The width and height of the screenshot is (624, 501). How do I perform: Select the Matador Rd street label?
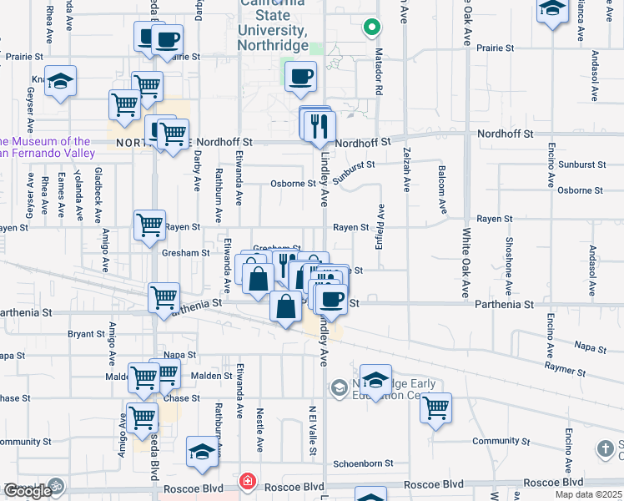(380, 77)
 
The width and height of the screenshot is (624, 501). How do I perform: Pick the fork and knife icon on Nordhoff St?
(320, 127)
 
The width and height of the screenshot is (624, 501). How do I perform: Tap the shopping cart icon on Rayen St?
(150, 225)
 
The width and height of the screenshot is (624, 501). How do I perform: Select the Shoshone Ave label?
(508, 260)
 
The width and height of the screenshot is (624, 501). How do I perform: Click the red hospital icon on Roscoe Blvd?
(247, 482)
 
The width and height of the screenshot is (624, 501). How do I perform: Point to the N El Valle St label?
(312, 431)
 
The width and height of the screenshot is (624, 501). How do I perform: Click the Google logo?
(27, 491)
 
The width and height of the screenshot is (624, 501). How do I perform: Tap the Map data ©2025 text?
(588, 494)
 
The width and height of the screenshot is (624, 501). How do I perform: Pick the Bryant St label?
(86, 334)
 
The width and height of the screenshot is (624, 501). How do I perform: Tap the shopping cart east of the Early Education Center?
(435, 407)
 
